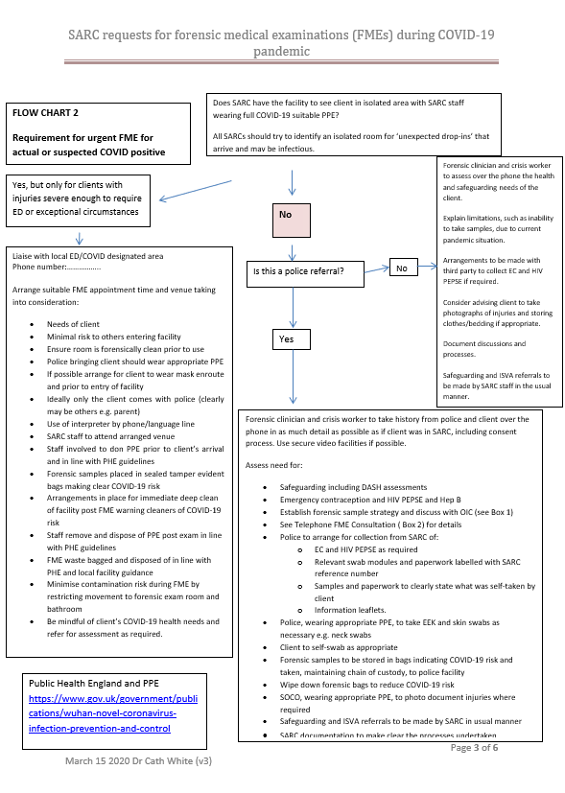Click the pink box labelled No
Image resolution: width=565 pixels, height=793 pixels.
[291, 219]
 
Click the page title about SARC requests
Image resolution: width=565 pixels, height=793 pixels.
[281, 43]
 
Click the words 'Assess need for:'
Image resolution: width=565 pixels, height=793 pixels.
[275, 464]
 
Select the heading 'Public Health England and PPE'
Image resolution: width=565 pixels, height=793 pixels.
[94, 686]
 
